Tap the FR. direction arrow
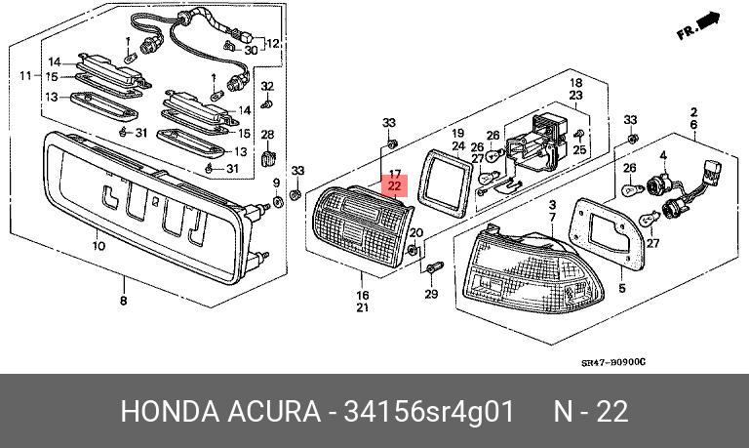point(700,26)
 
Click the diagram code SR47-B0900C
point(613,362)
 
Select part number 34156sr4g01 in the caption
point(428,412)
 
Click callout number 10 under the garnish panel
point(98,247)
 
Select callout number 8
point(123,301)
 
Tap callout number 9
point(277,183)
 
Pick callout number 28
point(267,134)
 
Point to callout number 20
point(416,233)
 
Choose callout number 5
point(622,289)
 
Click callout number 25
point(579,149)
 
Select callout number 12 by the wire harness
point(272,44)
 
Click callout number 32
point(267,87)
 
